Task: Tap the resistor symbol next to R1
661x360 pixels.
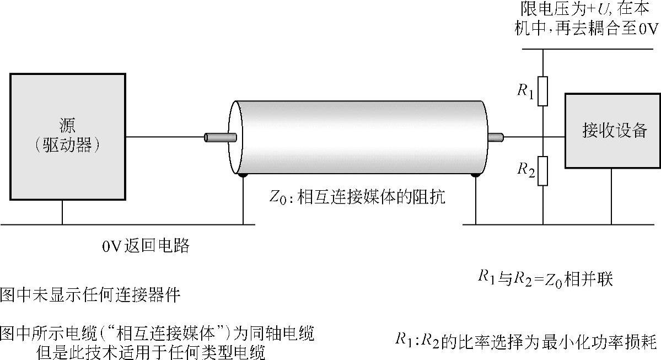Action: pos(542,91)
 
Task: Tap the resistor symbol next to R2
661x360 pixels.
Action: pos(542,170)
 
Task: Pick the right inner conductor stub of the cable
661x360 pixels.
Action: pos(496,137)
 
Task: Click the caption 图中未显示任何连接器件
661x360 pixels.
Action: pos(90,295)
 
